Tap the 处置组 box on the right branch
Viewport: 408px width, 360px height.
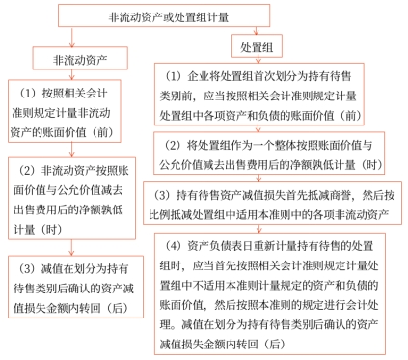pos(260,46)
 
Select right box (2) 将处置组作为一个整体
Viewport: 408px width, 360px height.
pos(276,153)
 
